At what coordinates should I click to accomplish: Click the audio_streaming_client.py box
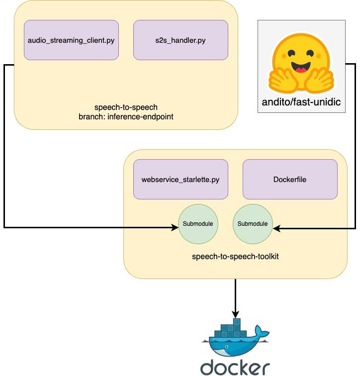71,40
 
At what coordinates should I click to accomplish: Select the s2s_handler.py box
180,40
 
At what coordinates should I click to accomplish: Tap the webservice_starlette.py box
180,179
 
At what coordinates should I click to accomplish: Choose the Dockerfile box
290,179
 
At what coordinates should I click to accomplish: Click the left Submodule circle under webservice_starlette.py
198,224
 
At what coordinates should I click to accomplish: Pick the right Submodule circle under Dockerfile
253,224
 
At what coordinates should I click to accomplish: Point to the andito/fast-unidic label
301,103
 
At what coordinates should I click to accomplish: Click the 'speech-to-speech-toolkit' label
235,257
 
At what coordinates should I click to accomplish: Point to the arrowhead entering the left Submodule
175,228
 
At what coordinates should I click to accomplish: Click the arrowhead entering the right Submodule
276,228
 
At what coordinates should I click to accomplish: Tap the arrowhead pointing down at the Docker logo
235,314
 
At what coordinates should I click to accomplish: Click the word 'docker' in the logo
235,367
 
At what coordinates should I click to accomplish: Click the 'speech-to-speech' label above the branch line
126,107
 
